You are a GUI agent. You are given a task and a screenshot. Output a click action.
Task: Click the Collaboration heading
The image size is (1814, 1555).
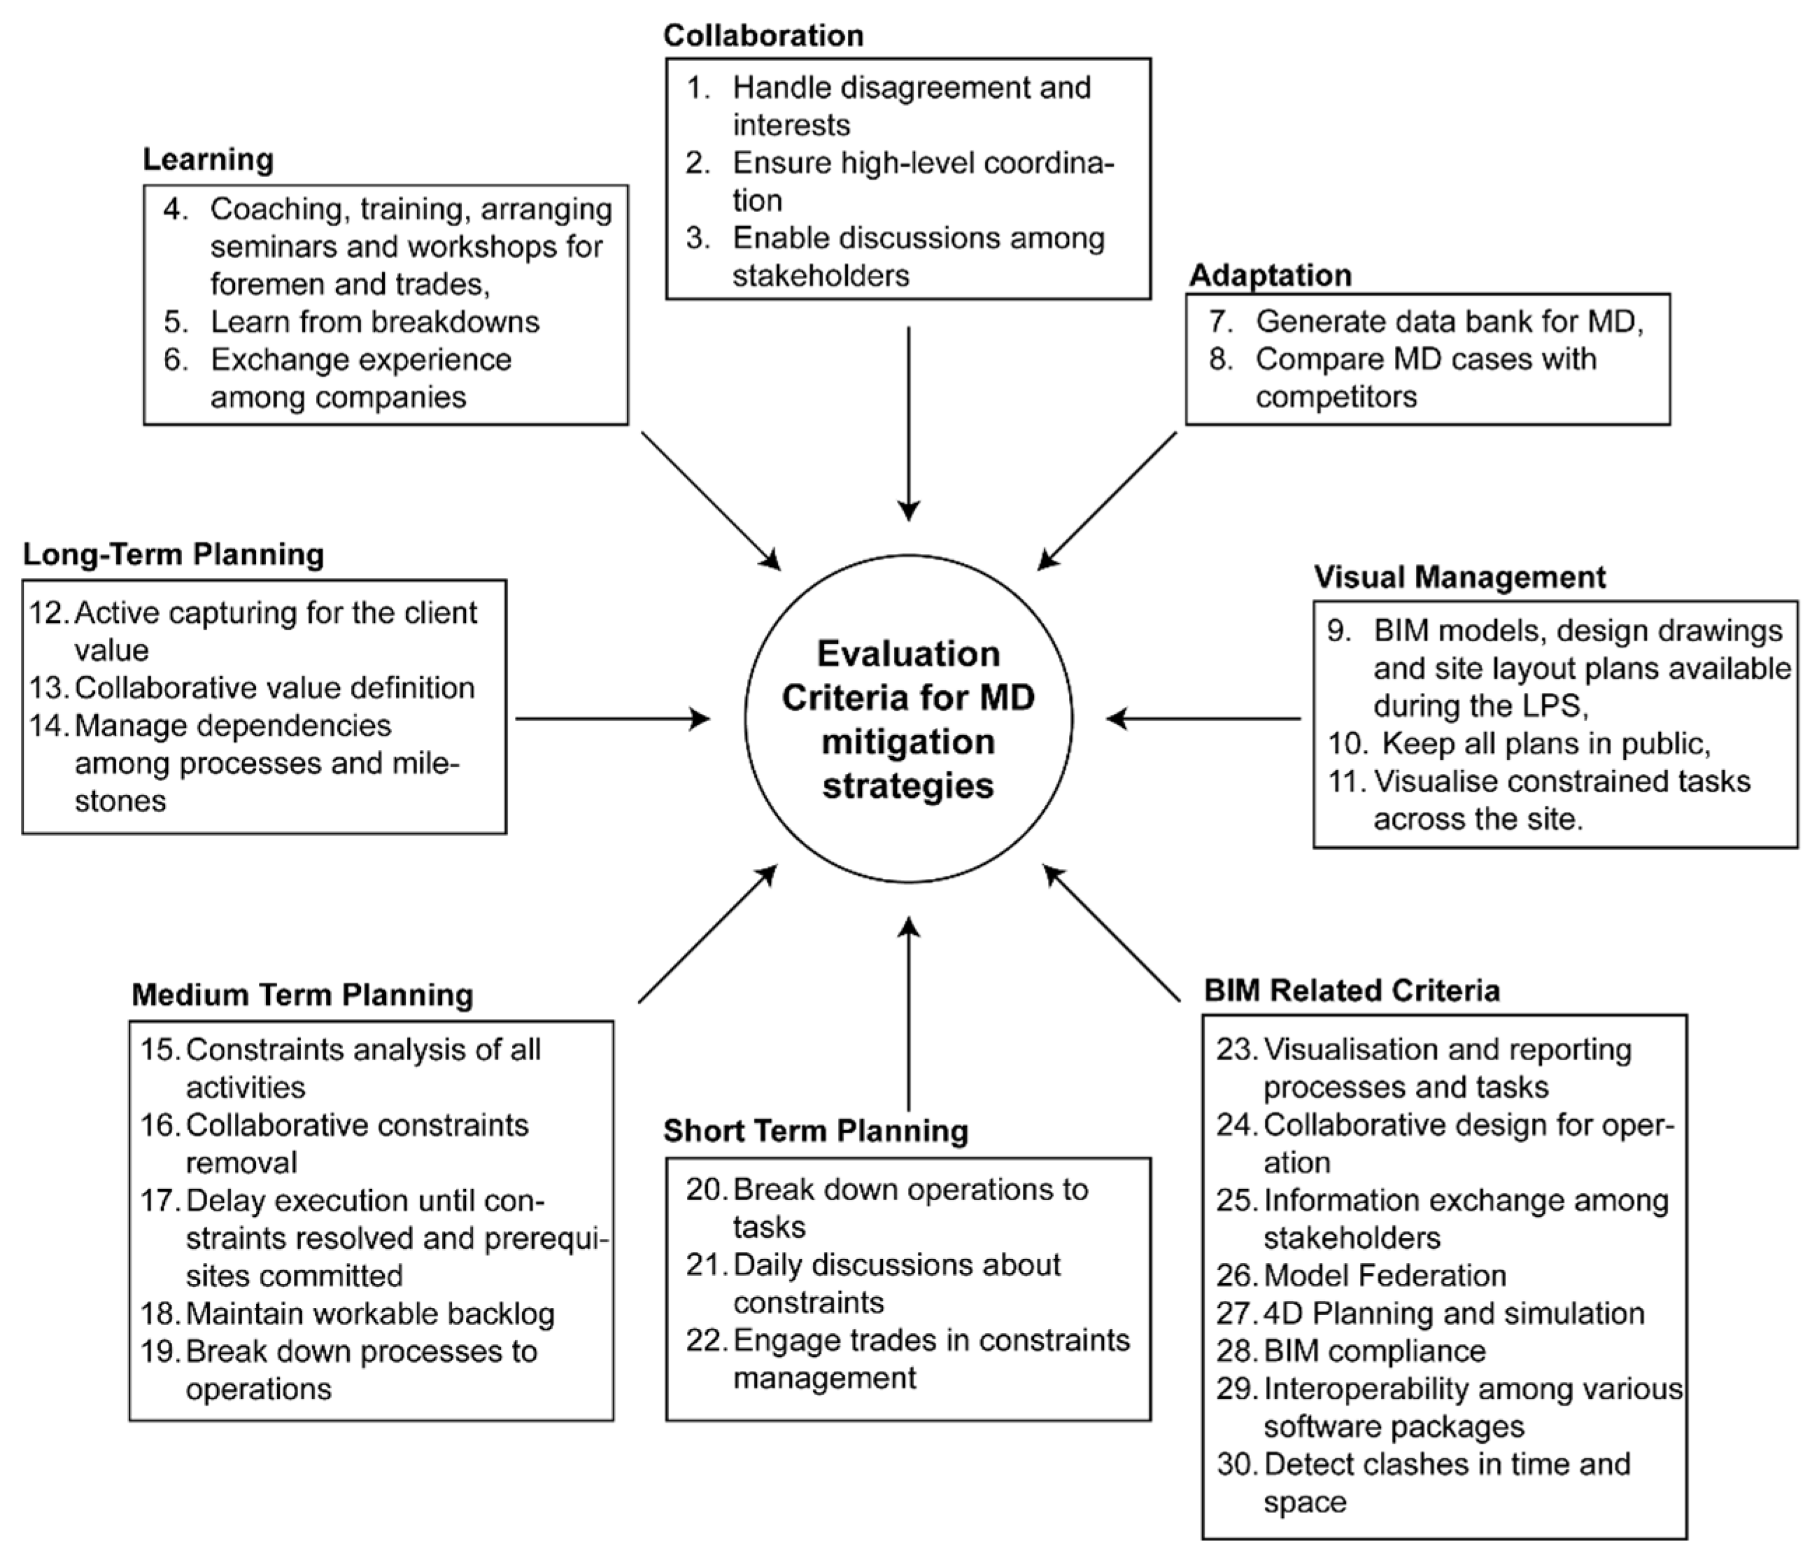(x=763, y=36)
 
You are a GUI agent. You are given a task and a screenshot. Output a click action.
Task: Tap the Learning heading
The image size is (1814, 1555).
(x=208, y=160)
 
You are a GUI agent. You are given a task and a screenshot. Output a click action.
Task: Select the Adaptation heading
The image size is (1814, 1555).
(x=1270, y=275)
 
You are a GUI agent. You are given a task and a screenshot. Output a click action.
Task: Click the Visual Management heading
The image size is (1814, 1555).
(x=1459, y=577)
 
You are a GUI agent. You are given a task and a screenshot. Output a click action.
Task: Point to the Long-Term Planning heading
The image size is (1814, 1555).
(x=173, y=554)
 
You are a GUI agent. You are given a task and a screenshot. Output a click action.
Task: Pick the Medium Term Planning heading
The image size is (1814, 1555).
(x=302, y=994)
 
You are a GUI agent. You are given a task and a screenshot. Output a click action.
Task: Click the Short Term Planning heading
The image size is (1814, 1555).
(x=815, y=1130)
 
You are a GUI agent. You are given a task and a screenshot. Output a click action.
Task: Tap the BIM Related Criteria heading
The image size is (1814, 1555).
(x=1352, y=990)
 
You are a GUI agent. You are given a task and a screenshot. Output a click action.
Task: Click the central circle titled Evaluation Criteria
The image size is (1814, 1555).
(x=908, y=719)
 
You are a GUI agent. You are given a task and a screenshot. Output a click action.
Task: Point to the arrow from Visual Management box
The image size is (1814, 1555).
(x=1204, y=719)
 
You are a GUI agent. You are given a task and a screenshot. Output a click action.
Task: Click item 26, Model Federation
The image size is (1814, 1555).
(x=1383, y=1276)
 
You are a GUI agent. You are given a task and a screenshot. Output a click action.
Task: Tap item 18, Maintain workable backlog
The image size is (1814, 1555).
(x=369, y=1314)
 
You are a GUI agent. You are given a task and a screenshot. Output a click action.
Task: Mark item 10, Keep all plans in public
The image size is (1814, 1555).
(x=1545, y=744)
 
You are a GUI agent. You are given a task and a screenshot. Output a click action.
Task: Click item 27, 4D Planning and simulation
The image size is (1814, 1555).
(x=1453, y=1314)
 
